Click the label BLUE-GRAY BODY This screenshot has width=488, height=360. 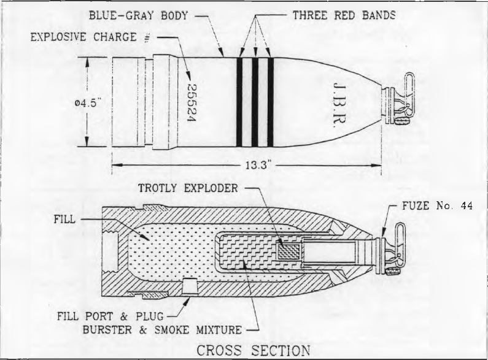(x=138, y=15)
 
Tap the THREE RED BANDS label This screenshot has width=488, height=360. (x=344, y=15)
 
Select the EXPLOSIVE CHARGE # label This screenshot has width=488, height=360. (x=90, y=37)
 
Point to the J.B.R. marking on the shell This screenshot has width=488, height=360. (x=339, y=102)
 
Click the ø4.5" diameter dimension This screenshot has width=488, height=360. (x=87, y=103)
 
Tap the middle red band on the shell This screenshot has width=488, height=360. (x=255, y=102)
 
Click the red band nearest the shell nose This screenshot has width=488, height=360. (x=271, y=102)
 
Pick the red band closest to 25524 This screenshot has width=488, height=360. (x=239, y=102)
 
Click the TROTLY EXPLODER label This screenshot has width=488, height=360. (x=188, y=188)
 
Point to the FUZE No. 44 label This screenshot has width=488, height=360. (x=437, y=205)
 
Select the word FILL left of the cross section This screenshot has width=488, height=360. (x=64, y=219)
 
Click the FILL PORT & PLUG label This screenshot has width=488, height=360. (x=110, y=316)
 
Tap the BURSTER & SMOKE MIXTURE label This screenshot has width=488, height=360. (x=162, y=329)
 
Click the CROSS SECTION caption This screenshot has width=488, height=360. (x=254, y=350)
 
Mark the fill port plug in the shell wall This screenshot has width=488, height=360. (x=190, y=286)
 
